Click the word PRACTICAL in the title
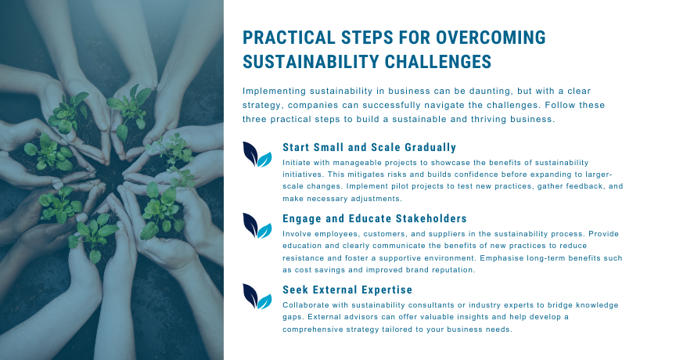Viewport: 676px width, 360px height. [x=289, y=38]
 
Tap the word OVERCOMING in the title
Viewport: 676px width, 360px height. [x=491, y=38]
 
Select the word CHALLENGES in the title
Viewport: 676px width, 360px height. [x=438, y=62]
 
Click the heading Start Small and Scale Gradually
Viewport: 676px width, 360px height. [x=369, y=147]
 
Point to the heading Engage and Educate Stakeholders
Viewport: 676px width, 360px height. [x=375, y=218]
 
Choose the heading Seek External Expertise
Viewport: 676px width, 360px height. [x=347, y=290]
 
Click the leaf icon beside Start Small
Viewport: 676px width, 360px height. [x=257, y=154]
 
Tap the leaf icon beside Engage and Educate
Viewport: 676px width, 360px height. [x=257, y=225]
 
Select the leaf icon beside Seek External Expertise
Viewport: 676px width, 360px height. [x=257, y=296]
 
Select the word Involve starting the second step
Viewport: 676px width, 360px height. [x=297, y=234]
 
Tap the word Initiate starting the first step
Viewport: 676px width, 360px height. [x=295, y=163]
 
